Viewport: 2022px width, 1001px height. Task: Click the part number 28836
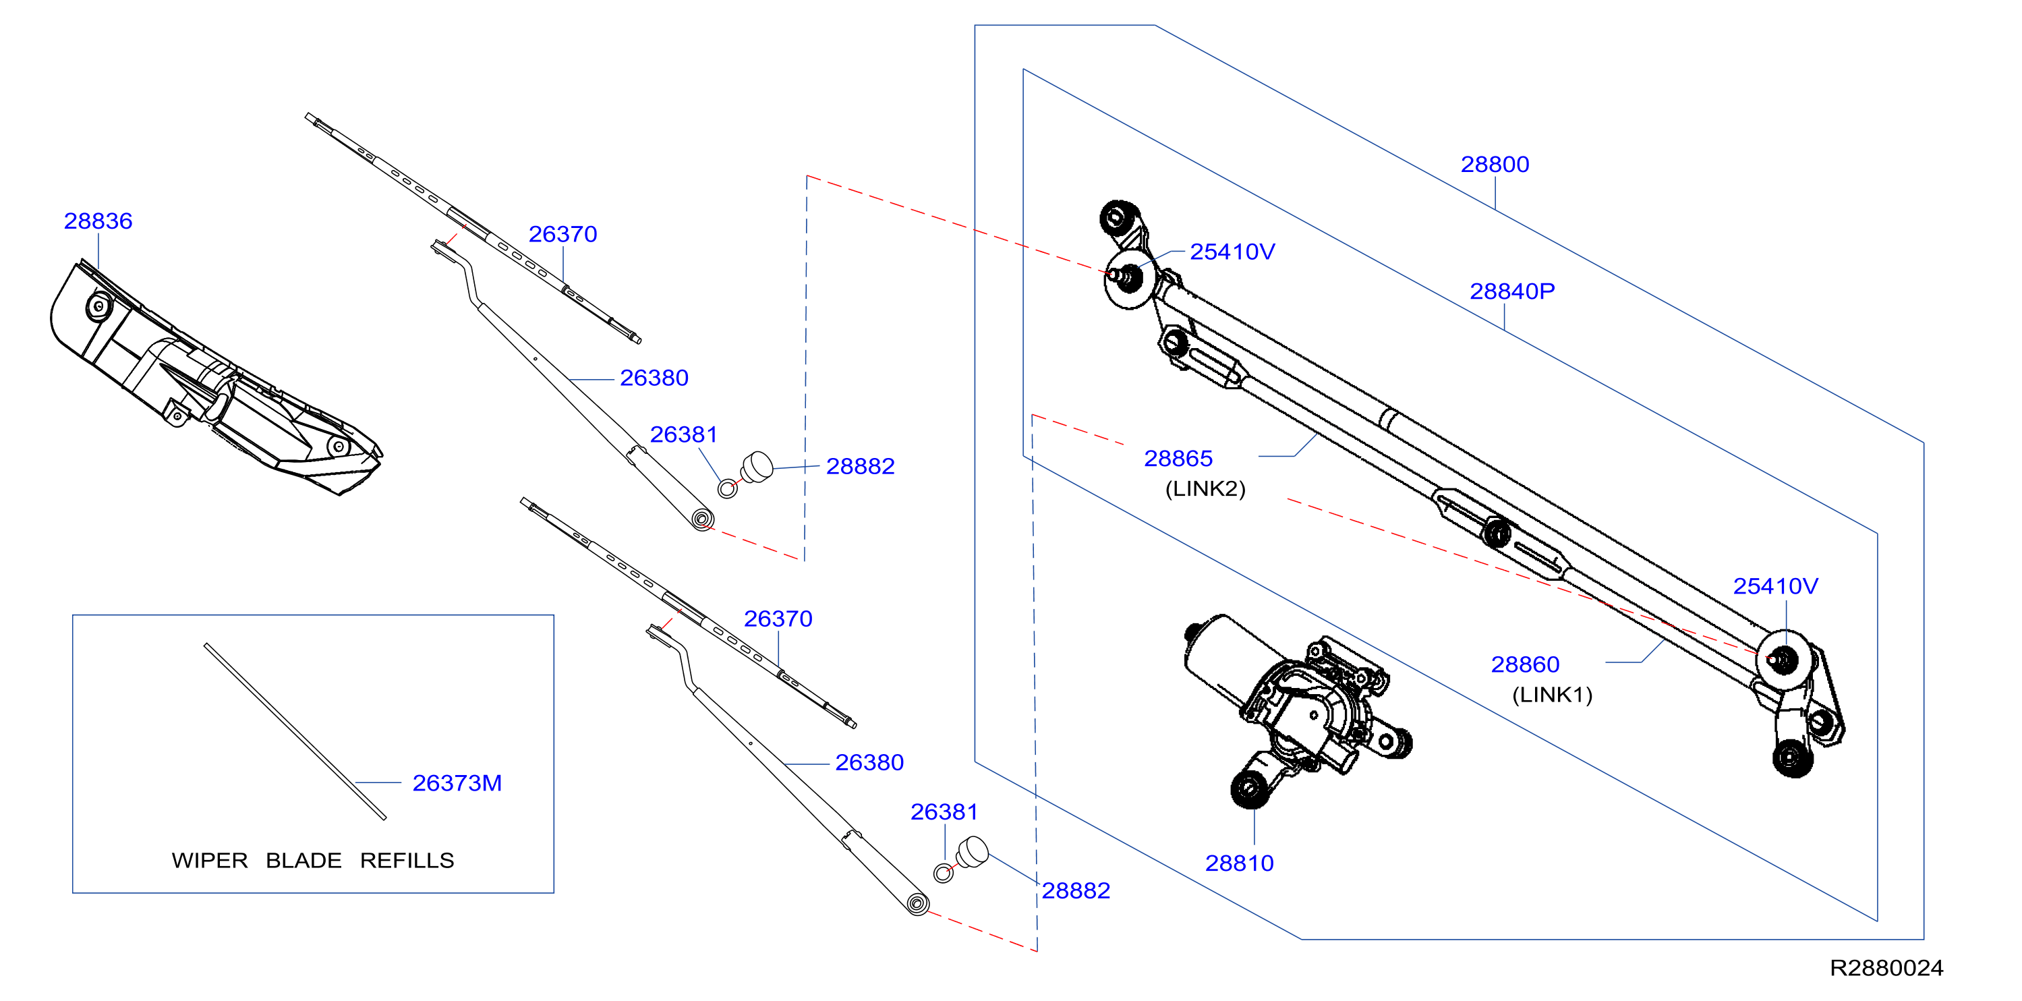98,221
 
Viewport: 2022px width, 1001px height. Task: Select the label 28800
1495,164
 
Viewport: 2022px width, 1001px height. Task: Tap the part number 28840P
1512,291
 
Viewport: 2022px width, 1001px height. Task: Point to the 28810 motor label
1240,863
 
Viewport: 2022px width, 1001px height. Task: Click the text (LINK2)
1205,488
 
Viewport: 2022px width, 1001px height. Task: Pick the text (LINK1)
1552,695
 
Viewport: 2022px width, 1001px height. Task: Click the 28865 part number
1178,458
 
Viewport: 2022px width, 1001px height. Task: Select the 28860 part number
1525,664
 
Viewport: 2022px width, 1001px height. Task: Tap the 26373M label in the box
457,782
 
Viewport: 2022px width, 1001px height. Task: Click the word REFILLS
407,861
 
